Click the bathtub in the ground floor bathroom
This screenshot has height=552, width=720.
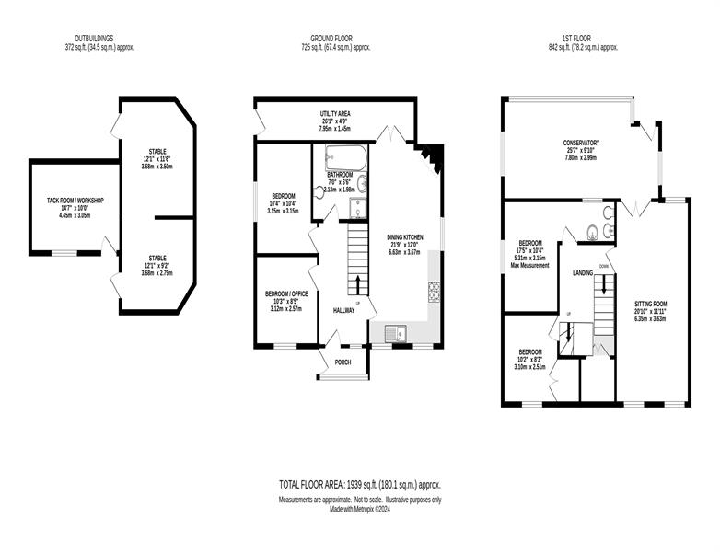346,158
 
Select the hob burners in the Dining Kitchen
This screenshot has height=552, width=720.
434,292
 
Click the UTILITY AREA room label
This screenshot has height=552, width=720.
335,113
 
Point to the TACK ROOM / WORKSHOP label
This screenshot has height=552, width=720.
75,201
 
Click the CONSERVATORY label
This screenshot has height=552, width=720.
581,144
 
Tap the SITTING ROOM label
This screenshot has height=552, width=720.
650,304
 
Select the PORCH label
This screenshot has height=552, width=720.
343,362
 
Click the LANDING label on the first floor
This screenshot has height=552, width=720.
582,273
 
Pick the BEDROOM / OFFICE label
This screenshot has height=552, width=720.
286,293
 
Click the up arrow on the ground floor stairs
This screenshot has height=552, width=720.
358,284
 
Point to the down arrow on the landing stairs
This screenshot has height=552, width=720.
604,284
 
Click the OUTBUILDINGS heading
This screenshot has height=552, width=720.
94,39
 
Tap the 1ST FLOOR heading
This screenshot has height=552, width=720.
576,39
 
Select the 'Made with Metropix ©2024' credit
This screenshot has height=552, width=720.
360,509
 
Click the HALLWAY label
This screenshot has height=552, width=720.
343,311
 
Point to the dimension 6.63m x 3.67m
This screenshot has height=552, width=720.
404,251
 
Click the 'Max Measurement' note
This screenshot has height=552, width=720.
530,265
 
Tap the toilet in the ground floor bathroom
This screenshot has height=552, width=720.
320,192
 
